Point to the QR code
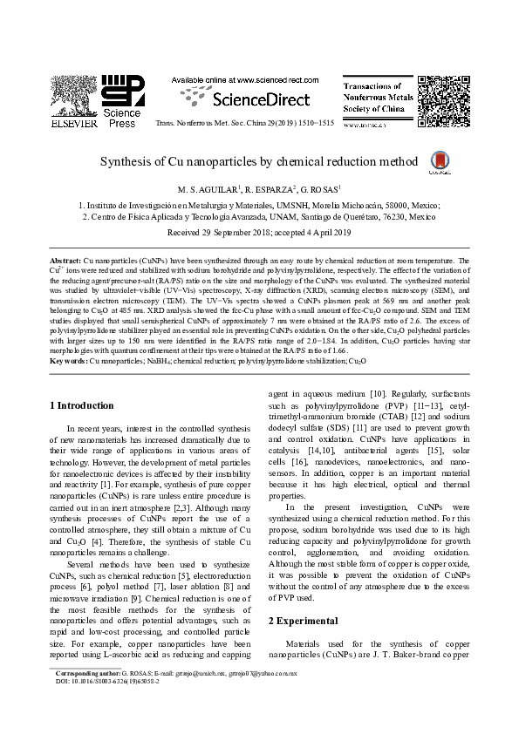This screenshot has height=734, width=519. pyautogui.click(x=439, y=97)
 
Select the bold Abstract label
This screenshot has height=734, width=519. pyautogui.click(x=65, y=261)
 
